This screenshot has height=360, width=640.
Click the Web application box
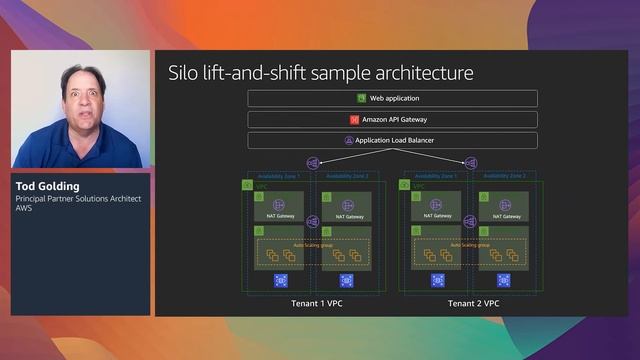392,99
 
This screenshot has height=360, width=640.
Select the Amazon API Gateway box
392,120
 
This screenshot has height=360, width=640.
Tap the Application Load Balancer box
392,141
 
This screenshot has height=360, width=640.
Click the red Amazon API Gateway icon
354,120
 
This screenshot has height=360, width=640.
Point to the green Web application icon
362,99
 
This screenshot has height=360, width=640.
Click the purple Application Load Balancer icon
348,141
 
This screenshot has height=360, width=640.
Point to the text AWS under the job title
24,209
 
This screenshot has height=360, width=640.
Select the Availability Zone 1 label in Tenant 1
279,176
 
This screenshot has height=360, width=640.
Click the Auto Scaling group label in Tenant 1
312,244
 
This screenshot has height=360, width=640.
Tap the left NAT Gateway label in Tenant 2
437,216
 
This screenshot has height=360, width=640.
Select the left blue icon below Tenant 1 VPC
281,281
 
